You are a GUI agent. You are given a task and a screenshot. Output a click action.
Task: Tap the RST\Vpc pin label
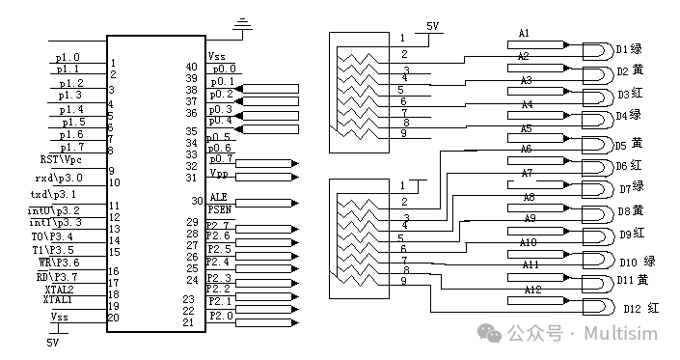pos(60,159)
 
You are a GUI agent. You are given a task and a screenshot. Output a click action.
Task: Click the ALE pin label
pos(218,198)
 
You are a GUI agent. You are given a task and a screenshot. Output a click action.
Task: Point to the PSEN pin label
pos(220,209)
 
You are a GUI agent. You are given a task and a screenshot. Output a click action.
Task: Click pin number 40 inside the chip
pos(191,67)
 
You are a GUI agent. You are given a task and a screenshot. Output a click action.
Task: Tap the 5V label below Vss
pos(53,342)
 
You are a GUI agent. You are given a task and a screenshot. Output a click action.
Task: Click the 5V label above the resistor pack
pos(433,27)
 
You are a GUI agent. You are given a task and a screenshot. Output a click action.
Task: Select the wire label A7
pos(528,173)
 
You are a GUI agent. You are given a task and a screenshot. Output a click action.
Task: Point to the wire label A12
pos(531,290)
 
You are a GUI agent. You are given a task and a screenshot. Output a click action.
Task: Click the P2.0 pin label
pos(221,316)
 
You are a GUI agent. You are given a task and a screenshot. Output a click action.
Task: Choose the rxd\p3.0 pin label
pos(62,178)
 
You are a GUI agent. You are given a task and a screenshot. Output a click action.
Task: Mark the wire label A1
pos(525,34)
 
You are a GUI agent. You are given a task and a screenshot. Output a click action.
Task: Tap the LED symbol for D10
pos(598,261)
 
